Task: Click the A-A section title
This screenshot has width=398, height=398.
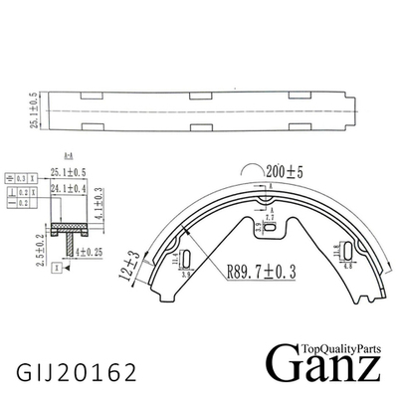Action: coord(69,158)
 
